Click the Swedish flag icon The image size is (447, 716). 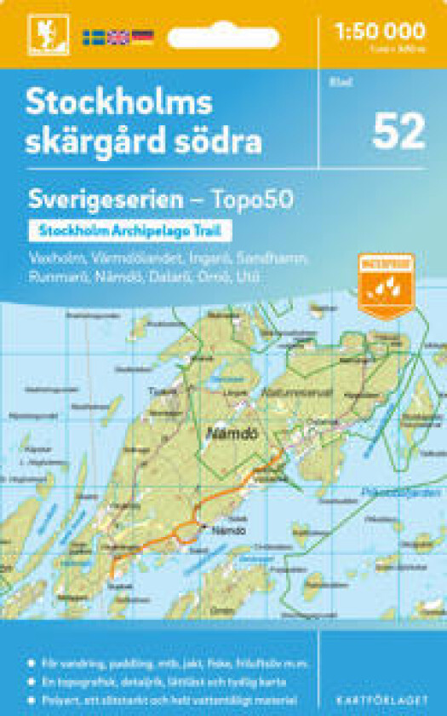[93, 38]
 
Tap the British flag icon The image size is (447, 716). [117, 38]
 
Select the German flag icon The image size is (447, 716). [142, 38]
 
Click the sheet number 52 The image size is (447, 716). [398, 132]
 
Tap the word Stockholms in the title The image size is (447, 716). [118, 103]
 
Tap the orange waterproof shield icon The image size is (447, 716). [387, 284]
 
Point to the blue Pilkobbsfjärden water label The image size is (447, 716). [414, 493]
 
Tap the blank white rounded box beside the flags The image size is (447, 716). [223, 38]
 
